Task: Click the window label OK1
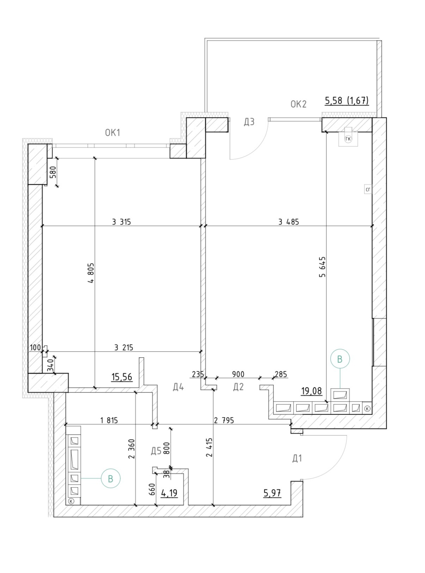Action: coord(113,133)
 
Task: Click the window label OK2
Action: coord(298,104)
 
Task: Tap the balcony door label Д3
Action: coord(249,122)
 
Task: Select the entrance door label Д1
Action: coord(297,458)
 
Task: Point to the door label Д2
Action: coord(238,387)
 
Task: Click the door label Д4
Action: coord(178,387)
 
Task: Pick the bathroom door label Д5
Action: coord(156,451)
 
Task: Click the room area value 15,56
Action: coord(122,377)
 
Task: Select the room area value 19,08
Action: coord(311,391)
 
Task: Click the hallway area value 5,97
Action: coord(272,493)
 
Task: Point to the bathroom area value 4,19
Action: coord(169,493)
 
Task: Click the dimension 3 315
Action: coord(121,222)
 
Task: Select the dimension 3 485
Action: coord(288,222)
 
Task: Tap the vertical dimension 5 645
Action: coord(322,266)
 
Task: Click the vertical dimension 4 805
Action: coord(91,273)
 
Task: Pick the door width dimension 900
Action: coord(238,374)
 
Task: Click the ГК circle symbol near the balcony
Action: coord(348,139)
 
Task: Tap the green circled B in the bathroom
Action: coord(111,479)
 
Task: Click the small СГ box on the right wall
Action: coord(368,189)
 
